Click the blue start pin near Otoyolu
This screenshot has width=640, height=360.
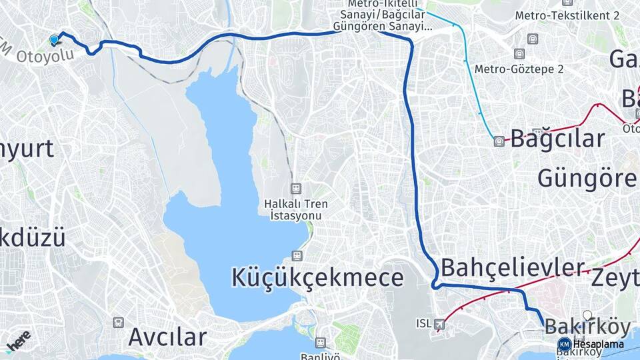[54, 40]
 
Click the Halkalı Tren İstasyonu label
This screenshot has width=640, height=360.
[296, 209]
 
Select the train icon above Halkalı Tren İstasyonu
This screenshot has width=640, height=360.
[297, 189]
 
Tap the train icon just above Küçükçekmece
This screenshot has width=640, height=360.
[297, 255]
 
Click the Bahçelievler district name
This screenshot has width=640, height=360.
[513, 267]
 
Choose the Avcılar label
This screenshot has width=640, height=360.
[167, 337]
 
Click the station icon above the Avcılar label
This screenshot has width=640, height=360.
[119, 323]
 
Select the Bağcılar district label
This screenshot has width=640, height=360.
[557, 139]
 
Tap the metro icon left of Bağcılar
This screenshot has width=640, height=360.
[499, 141]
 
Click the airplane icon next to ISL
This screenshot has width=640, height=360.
[439, 324]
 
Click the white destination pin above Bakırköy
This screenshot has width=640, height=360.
[587, 315]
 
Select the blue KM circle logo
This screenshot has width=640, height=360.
[564, 344]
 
